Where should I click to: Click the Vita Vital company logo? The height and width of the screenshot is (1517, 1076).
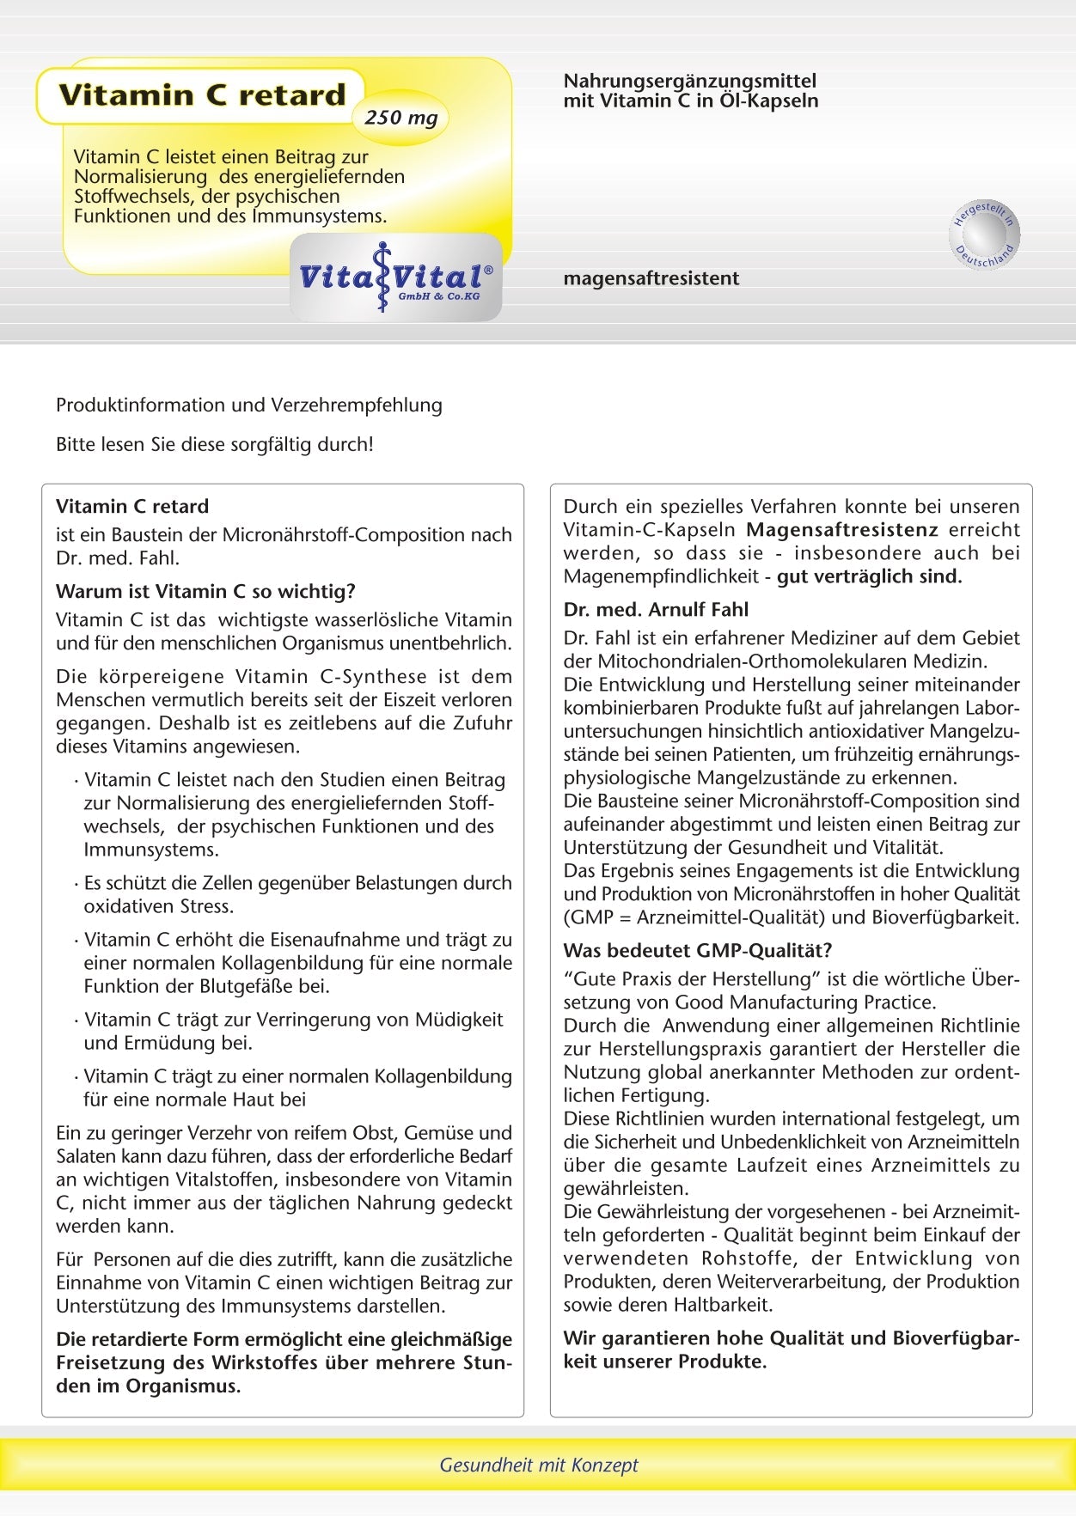(395, 277)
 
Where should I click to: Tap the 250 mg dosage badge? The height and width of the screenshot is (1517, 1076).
(400, 118)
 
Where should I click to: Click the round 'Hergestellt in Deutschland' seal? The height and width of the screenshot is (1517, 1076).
(985, 234)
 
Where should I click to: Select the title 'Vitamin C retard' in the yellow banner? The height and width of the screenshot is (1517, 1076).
(202, 94)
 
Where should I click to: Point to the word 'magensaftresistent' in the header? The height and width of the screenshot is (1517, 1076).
(651, 278)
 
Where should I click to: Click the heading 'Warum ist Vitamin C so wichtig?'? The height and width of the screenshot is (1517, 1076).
(205, 591)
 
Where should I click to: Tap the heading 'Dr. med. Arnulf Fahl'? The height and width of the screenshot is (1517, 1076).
(656, 609)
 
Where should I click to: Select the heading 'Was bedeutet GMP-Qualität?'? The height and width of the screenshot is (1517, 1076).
(698, 950)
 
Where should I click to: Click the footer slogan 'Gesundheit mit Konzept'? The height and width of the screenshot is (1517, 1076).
(539, 1465)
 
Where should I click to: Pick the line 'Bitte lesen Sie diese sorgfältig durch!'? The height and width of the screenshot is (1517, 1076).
(215, 444)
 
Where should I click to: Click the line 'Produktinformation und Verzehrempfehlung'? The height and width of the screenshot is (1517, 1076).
(249, 405)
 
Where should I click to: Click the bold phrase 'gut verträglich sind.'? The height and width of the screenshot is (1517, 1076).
(869, 576)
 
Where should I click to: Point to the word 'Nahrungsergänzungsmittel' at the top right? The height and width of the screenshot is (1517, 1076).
(689, 81)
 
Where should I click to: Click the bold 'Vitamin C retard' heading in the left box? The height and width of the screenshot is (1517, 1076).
(132, 506)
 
